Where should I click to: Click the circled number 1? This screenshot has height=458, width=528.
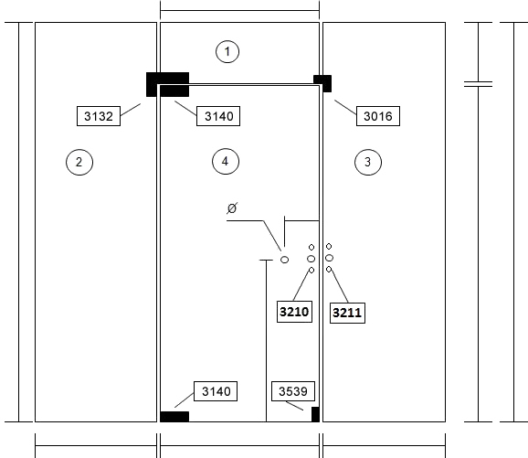[x=227, y=51]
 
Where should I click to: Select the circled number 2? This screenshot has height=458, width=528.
[x=79, y=162]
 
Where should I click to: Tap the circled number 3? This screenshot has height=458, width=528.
[x=368, y=162]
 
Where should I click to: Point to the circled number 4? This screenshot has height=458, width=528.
[x=226, y=162]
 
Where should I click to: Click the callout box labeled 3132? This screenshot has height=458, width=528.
[x=99, y=116]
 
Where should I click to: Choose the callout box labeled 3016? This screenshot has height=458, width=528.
[x=378, y=116]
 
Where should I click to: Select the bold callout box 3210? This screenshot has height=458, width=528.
[x=294, y=312]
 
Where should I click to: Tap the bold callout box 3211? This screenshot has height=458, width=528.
[x=347, y=313]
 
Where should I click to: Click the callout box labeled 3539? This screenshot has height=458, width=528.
[x=293, y=391]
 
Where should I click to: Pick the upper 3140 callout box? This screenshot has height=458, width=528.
[x=218, y=116]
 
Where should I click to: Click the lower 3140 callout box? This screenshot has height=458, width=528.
[x=216, y=391]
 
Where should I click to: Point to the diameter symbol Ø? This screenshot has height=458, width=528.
[x=232, y=208]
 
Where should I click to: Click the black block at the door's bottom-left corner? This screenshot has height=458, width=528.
[x=174, y=417]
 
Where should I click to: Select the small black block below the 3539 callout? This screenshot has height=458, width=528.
[x=315, y=414]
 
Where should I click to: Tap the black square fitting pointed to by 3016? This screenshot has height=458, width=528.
[x=322, y=83]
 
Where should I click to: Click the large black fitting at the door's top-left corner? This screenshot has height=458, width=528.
[x=167, y=84]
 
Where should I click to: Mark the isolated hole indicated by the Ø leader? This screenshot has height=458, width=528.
[x=284, y=260]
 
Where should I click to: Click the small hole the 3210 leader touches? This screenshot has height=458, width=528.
[x=312, y=270]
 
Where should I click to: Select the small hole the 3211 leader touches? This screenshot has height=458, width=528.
[x=329, y=269]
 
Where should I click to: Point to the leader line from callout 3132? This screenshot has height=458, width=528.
[x=131, y=110]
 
